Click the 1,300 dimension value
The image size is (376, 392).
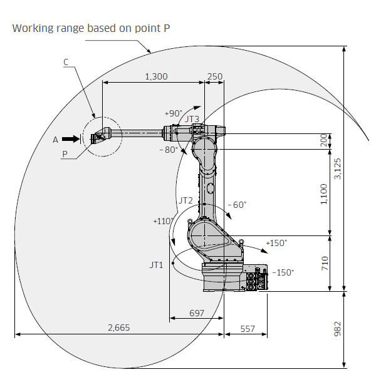(157, 76)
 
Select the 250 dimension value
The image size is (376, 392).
(215, 76)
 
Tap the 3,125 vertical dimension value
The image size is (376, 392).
(338, 168)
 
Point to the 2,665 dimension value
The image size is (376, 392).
(119, 328)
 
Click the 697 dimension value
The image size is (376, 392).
(197, 313)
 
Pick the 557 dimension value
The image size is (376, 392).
(248, 329)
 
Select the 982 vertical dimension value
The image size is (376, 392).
(338, 329)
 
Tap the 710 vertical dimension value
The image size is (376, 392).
(325, 263)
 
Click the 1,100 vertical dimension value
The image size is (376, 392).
(324, 194)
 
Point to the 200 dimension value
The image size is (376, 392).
(324, 140)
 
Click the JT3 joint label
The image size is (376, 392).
(192, 119)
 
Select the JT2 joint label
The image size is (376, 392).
(185, 200)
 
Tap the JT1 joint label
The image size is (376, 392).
(157, 265)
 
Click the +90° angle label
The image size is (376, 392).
(174, 113)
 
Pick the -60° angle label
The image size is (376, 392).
(237, 205)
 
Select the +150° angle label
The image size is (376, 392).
(276, 243)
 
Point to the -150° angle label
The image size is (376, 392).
(283, 272)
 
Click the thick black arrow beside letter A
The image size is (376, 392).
(71, 139)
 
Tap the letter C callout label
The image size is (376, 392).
(66, 62)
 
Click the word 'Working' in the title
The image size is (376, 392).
(33, 29)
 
